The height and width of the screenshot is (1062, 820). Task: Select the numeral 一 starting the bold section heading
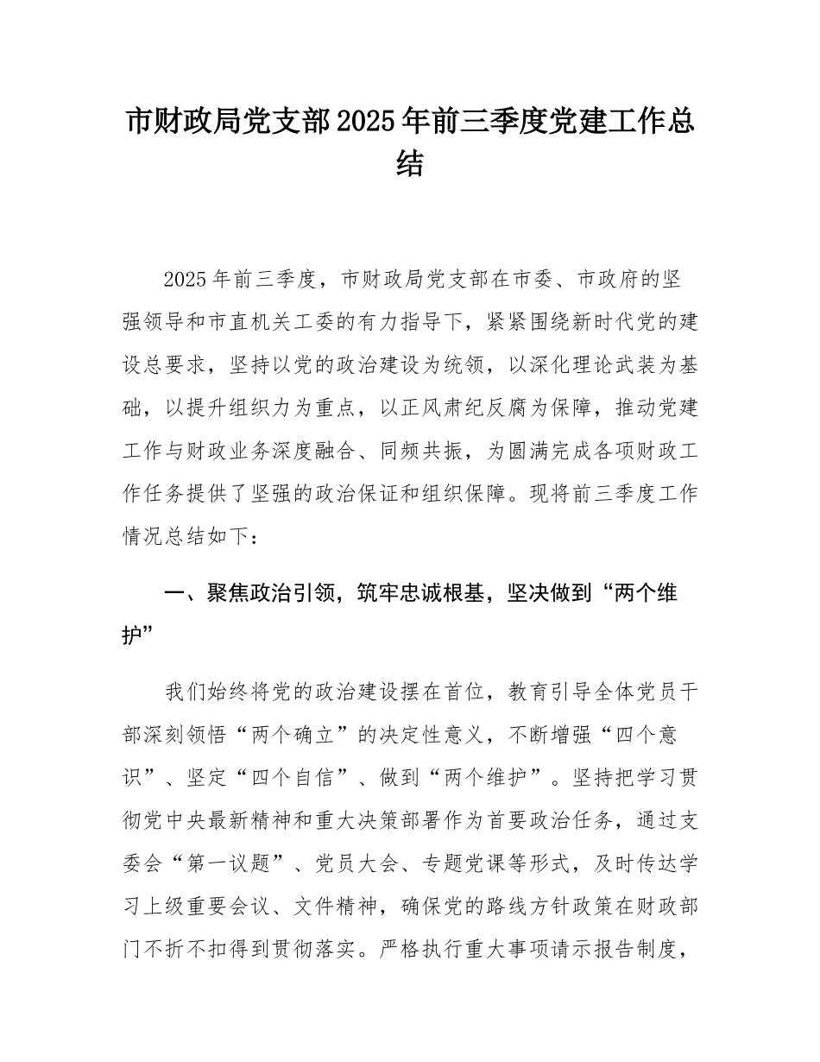pos(174,593)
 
